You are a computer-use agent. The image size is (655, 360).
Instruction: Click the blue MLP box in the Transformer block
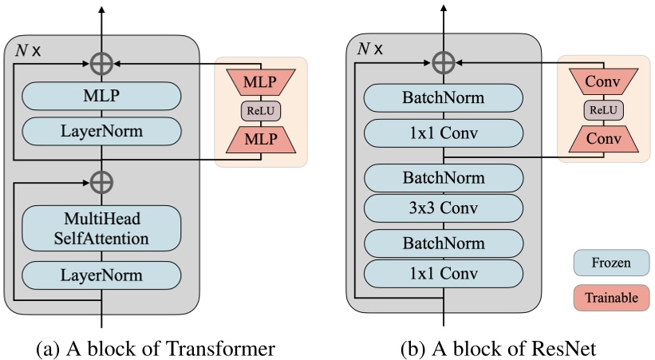(x=101, y=97)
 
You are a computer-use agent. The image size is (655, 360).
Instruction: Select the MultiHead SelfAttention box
(x=101, y=227)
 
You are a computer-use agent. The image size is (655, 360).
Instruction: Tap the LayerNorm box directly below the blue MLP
(x=101, y=130)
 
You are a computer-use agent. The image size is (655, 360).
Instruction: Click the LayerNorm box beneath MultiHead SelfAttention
(x=101, y=275)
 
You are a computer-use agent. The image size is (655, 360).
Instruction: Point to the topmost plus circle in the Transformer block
(x=101, y=62)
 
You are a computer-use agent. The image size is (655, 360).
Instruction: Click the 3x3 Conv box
(x=444, y=208)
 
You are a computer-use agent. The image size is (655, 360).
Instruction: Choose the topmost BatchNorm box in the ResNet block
(x=444, y=98)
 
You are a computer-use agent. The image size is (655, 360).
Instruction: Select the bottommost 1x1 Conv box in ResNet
(x=444, y=274)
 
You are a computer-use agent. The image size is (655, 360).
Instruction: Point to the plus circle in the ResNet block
(x=444, y=62)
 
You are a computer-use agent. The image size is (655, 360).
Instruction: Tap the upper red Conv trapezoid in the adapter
(x=603, y=81)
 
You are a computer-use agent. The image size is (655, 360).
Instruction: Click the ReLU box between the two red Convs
(x=603, y=110)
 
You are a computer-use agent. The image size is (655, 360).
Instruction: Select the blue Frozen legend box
(x=610, y=261)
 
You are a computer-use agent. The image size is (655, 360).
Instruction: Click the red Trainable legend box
(x=610, y=298)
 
